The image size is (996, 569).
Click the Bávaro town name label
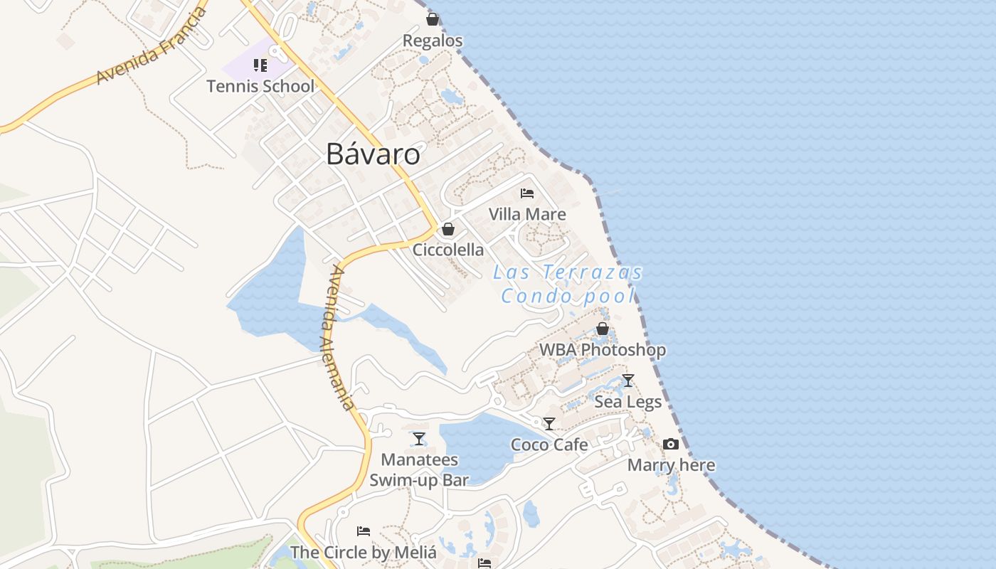point(373,154)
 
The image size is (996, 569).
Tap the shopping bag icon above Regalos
point(433,19)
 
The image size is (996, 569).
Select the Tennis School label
point(260,86)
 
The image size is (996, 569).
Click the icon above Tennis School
point(260,66)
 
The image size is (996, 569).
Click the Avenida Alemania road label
point(337,338)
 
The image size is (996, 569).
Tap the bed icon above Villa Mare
point(527,193)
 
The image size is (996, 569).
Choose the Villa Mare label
point(527,214)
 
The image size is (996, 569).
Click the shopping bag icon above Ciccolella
point(448,229)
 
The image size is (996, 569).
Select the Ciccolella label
point(448,250)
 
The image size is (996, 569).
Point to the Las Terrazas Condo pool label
point(568,284)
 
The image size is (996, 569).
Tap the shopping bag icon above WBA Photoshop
point(603,329)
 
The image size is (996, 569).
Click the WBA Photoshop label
point(603,350)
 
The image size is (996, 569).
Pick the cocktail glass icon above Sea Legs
point(627,381)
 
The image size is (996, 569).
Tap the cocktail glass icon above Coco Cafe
point(549,424)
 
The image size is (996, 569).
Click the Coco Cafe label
point(549,445)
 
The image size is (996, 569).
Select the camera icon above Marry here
point(671,445)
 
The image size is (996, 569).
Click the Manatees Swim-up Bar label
point(419,469)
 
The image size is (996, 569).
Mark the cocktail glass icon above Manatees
point(419,439)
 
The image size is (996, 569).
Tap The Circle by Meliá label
point(363,552)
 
